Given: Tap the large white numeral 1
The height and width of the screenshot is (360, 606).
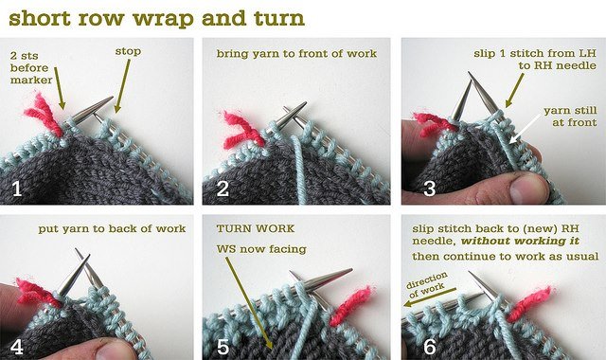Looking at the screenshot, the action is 17,189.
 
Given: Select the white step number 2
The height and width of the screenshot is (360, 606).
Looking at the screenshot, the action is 223,189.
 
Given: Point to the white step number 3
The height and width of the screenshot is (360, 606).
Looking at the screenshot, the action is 430,189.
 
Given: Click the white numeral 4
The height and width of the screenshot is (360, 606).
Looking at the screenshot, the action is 17,348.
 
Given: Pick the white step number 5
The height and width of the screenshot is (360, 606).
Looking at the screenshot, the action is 223,348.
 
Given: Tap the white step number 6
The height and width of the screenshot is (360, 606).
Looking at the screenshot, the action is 430,348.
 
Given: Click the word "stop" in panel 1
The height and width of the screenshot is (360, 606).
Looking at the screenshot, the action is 128,51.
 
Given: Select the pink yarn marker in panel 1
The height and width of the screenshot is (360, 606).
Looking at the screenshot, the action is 44,115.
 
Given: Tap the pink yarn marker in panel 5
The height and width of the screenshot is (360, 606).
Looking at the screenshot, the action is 350,305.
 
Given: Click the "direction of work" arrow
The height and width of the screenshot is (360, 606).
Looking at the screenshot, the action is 430,297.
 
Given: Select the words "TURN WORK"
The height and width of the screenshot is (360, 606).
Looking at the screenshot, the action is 256,228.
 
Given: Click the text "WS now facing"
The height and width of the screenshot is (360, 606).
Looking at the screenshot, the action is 261,249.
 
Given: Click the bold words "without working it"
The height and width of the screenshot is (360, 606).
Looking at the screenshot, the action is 520,242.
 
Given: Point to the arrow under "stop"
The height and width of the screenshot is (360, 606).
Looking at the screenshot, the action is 122,86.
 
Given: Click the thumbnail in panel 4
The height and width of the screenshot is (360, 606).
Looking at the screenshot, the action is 116,350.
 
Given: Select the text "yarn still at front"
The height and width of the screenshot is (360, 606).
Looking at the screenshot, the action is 570,117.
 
